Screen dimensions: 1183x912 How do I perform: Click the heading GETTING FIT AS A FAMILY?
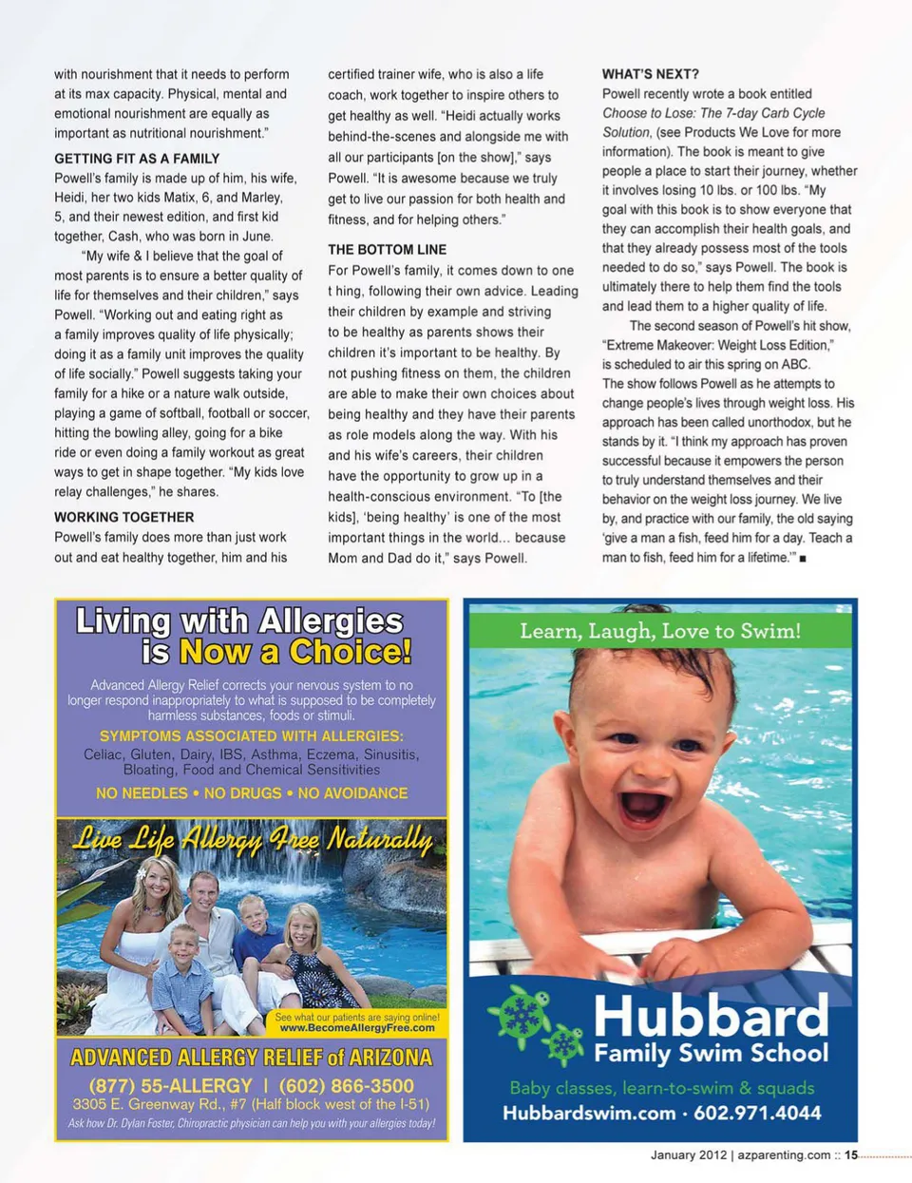point(137,159)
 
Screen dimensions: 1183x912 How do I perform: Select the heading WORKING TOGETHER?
point(124,517)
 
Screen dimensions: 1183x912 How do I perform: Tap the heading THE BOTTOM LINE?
point(387,249)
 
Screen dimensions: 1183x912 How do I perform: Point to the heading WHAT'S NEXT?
point(650,74)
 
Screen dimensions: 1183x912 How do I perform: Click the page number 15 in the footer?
point(851,1155)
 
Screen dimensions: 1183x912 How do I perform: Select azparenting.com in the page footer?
point(784,1155)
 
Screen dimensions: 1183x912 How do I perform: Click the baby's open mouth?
point(644,806)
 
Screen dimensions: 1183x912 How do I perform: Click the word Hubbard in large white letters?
point(711,1016)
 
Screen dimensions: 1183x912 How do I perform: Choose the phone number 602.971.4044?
point(757,1113)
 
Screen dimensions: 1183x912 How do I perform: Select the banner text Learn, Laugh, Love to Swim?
point(660,631)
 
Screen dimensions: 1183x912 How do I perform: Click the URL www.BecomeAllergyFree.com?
point(357,1027)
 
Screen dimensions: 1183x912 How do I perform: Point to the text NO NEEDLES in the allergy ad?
point(142,792)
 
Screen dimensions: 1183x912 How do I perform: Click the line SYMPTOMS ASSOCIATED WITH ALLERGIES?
point(252,735)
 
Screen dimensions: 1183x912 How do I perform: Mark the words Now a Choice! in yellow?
point(295,652)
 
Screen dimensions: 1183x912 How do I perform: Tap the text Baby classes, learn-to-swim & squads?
point(662,1088)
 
